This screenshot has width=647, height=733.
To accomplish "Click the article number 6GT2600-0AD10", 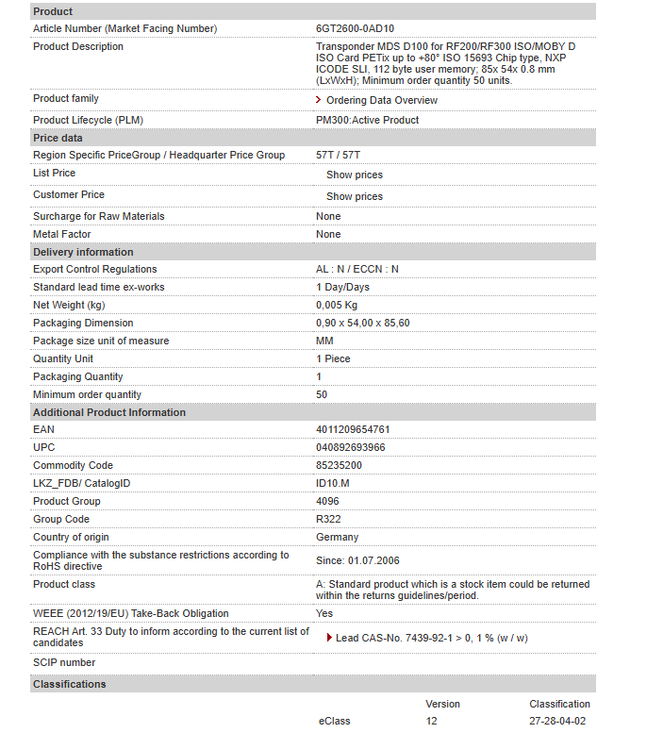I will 354,28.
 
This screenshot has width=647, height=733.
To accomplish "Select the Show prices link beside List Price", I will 355,175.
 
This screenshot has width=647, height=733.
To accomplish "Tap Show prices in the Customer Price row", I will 355,197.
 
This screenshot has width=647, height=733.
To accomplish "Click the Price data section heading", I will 58,138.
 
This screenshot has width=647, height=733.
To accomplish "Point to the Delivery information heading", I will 83,252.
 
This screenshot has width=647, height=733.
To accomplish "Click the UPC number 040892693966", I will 351,447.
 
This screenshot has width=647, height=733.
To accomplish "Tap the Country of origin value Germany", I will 337,538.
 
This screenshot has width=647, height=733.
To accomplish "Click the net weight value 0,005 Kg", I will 337,306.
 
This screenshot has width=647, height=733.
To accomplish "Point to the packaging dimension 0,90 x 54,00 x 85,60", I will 363,324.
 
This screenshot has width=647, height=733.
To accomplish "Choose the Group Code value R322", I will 329,520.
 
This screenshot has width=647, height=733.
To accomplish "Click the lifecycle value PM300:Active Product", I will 368,121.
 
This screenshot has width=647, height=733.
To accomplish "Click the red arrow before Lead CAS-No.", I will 329,638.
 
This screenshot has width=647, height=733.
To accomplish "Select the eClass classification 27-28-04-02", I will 557,721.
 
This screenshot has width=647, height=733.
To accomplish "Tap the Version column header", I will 442,704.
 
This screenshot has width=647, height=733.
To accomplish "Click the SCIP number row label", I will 64,663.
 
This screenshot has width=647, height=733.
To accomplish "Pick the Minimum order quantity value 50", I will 322,395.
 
